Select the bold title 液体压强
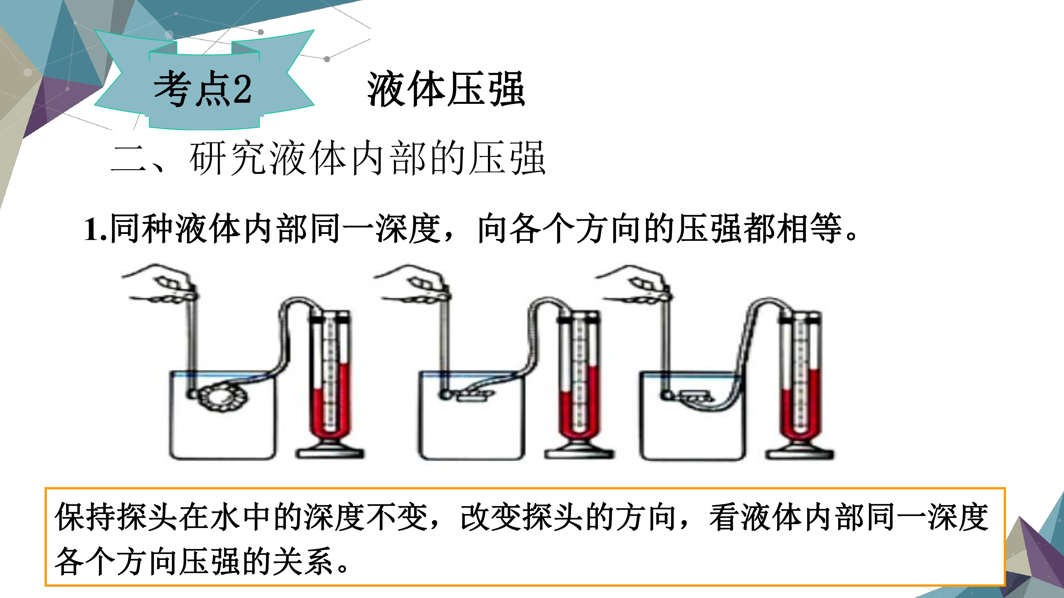click(446, 89)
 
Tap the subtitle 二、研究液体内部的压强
click(328, 159)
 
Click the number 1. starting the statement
click(96, 229)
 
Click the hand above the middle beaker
click(413, 286)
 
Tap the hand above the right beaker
click(634, 286)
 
